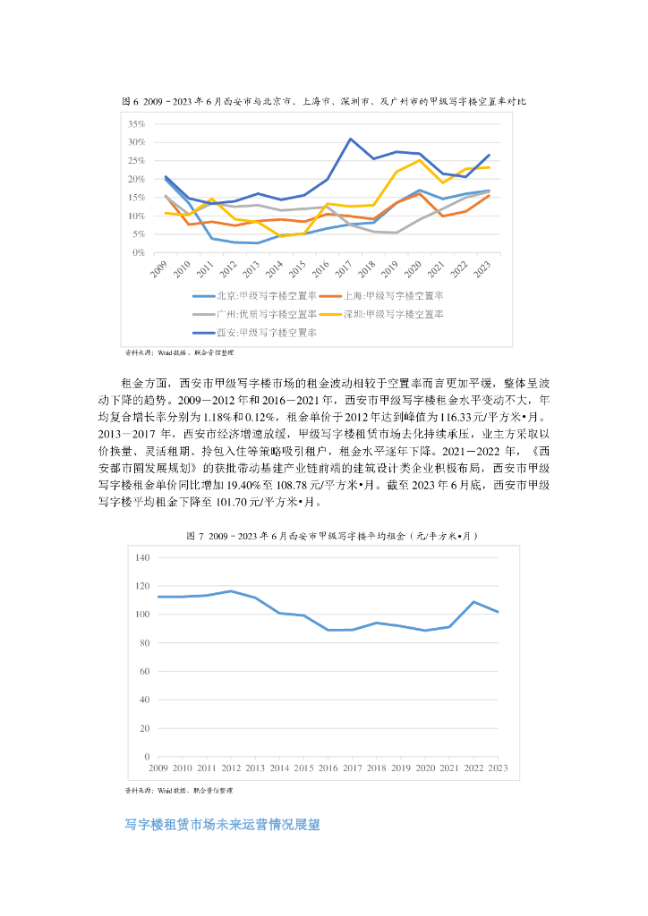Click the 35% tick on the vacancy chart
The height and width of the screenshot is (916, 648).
click(137, 123)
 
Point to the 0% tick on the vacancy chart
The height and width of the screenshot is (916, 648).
click(140, 253)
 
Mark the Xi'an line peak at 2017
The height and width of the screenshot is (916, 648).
click(351, 139)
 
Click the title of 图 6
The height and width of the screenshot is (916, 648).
click(323, 102)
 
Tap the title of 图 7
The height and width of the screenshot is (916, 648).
click(323, 535)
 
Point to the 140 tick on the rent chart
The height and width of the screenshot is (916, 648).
click(141, 557)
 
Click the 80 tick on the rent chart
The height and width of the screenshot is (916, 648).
click(143, 643)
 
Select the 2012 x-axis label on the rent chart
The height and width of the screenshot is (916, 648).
click(231, 768)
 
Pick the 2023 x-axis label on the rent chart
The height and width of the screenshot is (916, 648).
click(498, 768)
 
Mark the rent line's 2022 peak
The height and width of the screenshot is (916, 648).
click(473, 602)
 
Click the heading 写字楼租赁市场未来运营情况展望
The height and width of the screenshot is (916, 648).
click(221, 825)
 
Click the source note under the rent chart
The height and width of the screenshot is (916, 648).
click(179, 791)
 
